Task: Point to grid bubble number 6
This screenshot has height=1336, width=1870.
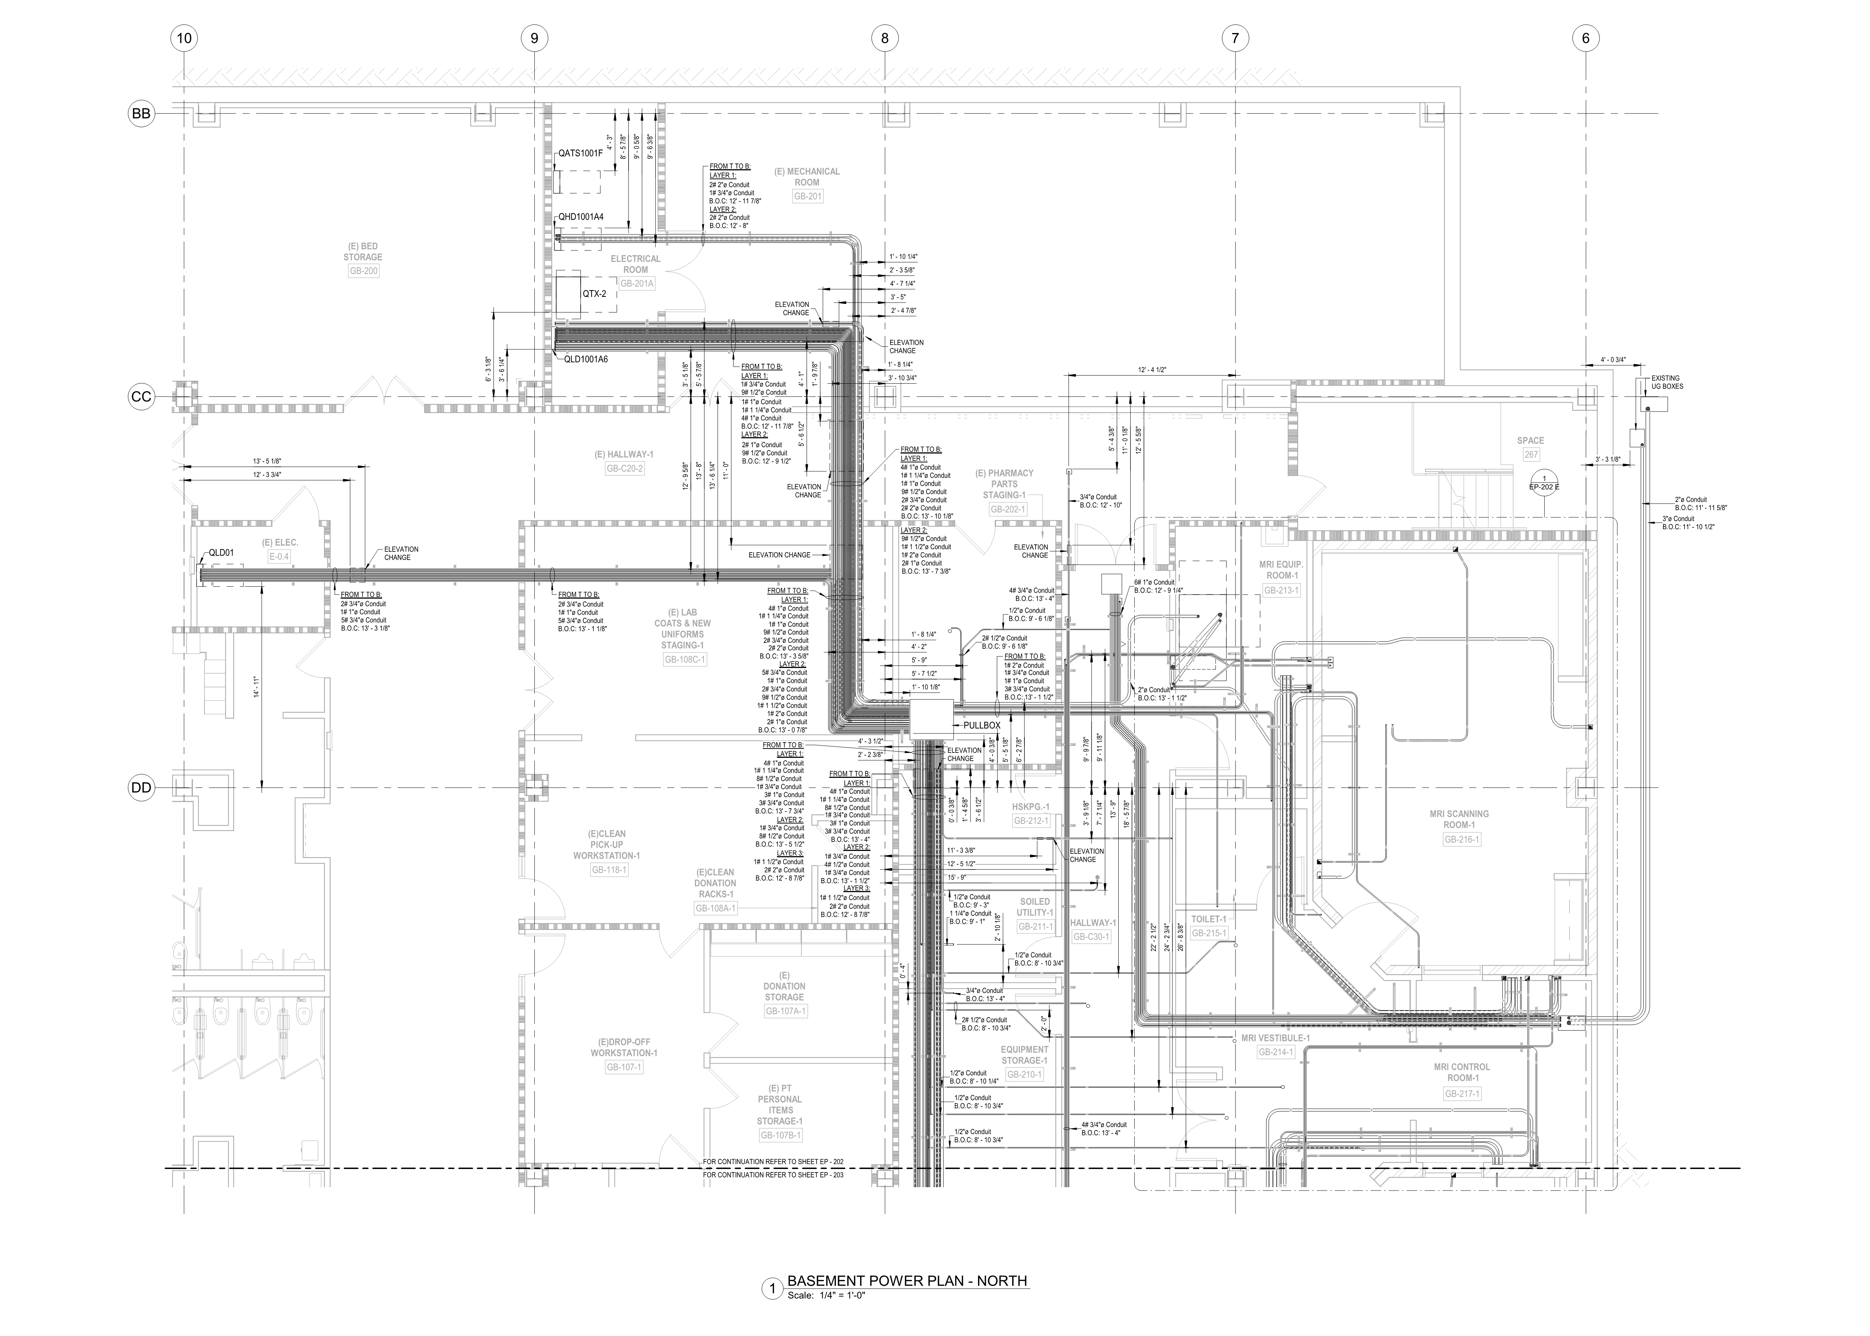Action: [1585, 38]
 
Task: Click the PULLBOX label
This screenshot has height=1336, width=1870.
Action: [982, 726]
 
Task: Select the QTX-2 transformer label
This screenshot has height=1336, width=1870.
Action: [594, 294]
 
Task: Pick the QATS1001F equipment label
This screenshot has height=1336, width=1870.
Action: [581, 153]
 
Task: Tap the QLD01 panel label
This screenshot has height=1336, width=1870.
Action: [221, 553]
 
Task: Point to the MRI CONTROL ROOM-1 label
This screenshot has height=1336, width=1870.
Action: [1461, 1072]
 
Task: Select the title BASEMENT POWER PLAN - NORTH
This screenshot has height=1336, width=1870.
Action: [907, 1281]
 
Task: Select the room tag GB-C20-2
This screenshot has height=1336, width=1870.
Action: [625, 469]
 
